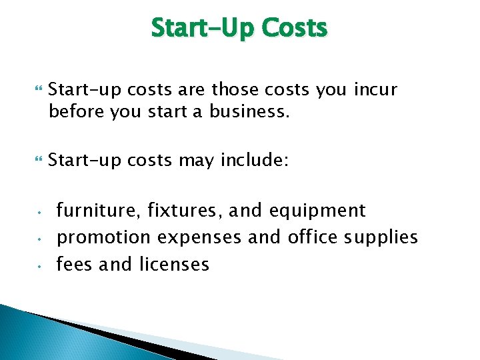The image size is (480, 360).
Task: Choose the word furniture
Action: (94, 211)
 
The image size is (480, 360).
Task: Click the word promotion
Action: (104, 238)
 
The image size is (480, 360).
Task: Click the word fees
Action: (74, 264)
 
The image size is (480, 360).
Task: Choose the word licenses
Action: (175, 264)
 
